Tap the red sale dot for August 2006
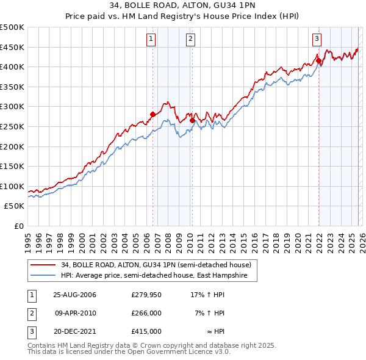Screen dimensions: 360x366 click(153, 114)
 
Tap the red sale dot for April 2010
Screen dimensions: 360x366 click(192, 120)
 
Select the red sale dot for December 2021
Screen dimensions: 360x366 click(318, 60)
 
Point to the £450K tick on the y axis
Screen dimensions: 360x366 click(13, 47)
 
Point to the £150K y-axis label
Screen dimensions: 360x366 click(13, 166)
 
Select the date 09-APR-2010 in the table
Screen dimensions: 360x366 click(75, 313)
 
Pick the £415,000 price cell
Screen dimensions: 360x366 click(146, 331)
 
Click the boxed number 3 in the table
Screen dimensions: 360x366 click(30, 331)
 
